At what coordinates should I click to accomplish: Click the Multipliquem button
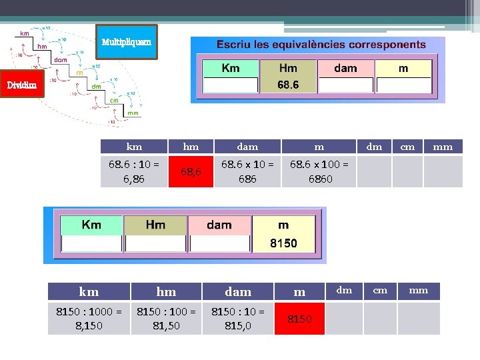pyautogui.click(x=126, y=43)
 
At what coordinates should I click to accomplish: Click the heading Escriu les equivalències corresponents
pyautogui.click(x=321, y=45)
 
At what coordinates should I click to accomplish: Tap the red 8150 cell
pyautogui.click(x=299, y=319)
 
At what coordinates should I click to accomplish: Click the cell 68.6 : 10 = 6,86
pyautogui.click(x=134, y=171)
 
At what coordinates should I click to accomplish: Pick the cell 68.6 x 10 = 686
pyautogui.click(x=247, y=171)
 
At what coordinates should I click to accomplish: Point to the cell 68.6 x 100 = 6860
pyautogui.click(x=319, y=171)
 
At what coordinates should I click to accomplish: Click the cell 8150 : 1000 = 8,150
pyautogui.click(x=89, y=319)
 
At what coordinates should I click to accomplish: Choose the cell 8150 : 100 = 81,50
pyautogui.click(x=166, y=319)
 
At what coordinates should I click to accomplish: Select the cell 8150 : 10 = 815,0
pyautogui.click(x=238, y=319)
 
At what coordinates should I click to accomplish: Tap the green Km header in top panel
pyautogui.click(x=231, y=68)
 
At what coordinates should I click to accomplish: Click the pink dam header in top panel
pyautogui.click(x=345, y=68)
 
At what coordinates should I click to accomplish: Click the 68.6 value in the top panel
pyautogui.click(x=288, y=85)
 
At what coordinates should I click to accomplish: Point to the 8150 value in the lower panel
pyautogui.click(x=283, y=244)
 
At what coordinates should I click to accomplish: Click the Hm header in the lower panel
pyautogui.click(x=155, y=225)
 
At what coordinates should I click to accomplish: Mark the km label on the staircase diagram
pyautogui.click(x=24, y=33)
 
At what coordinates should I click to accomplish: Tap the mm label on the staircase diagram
pyautogui.click(x=133, y=113)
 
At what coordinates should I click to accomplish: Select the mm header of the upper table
pyautogui.click(x=443, y=147)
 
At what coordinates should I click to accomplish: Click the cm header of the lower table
pyautogui.click(x=380, y=290)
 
